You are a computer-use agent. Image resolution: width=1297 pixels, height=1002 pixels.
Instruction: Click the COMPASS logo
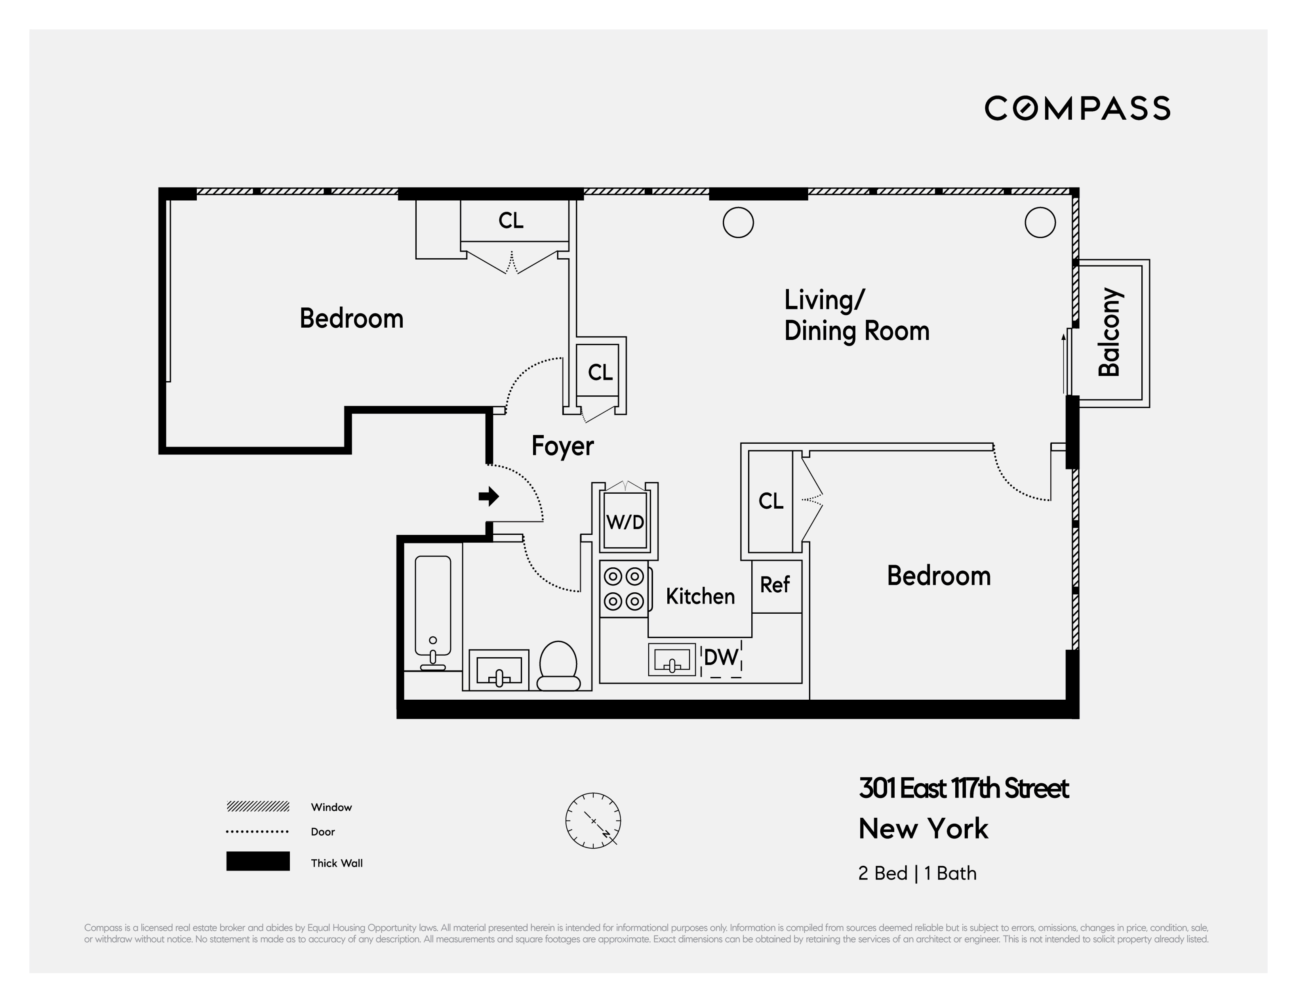[1077, 108]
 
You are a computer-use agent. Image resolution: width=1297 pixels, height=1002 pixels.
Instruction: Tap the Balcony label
[1109, 333]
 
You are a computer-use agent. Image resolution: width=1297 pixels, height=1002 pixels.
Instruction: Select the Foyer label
[562, 446]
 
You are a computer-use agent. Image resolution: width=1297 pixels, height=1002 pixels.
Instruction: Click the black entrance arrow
[489, 496]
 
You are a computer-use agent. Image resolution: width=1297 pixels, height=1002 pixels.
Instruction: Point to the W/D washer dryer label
[625, 522]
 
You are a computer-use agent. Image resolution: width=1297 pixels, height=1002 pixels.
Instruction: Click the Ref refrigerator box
[775, 586]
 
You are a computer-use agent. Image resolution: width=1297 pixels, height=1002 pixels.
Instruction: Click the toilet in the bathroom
[558, 665]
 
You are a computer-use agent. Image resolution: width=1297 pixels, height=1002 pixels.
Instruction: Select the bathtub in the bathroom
[432, 612]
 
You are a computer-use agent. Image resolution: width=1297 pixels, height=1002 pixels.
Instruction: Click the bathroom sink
[499, 670]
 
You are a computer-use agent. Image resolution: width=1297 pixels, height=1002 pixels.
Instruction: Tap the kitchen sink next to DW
[672, 659]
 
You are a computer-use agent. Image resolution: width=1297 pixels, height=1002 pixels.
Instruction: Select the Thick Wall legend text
[336, 863]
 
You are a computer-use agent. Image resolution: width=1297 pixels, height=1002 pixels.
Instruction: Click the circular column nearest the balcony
[1040, 223]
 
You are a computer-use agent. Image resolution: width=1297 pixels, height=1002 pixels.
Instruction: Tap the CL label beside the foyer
[600, 372]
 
